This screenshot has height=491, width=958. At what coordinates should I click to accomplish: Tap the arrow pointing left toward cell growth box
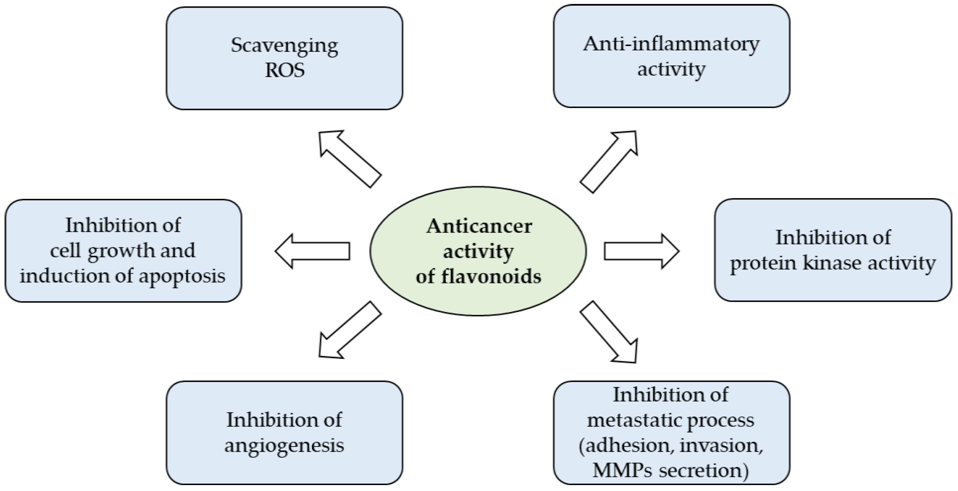(x=312, y=251)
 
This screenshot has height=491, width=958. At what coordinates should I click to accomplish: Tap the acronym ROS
(x=285, y=70)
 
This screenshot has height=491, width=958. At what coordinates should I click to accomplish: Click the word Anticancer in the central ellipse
(x=479, y=226)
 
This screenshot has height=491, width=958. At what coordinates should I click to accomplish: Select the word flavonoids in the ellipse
(x=491, y=276)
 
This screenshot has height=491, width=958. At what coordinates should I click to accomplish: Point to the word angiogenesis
(x=285, y=445)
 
